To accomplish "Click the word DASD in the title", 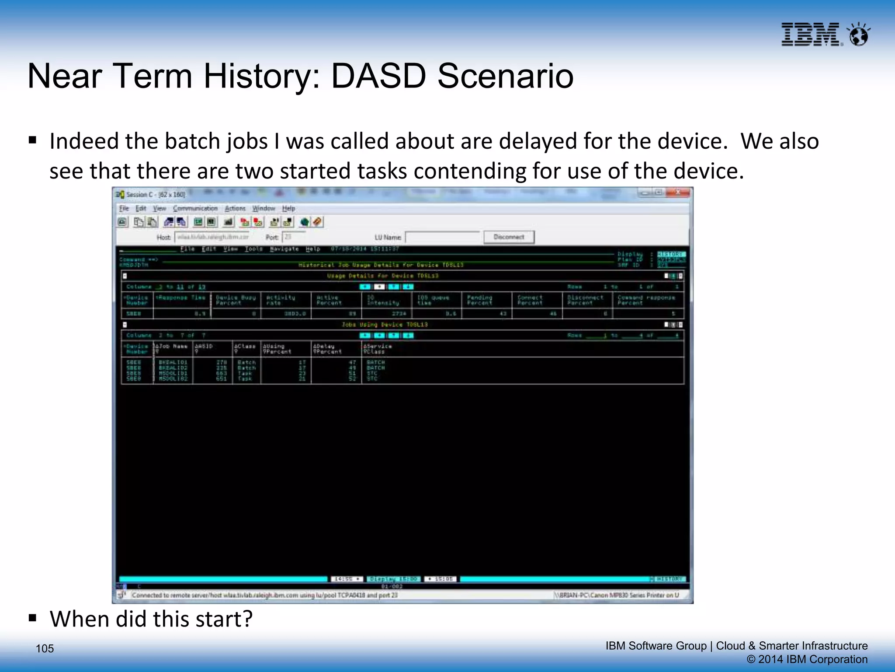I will point(378,76).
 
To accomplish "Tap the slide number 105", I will point(45,648).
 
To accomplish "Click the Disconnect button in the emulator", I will point(509,237).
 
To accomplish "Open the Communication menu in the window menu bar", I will point(195,209).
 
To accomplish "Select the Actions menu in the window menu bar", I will point(235,209).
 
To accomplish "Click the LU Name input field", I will point(442,237).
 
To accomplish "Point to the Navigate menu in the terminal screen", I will point(284,249).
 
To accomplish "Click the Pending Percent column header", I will point(479,300).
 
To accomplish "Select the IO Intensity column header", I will point(383,300).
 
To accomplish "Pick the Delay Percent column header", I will point(327,349).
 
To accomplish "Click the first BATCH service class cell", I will point(375,362).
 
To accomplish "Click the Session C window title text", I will point(156,194).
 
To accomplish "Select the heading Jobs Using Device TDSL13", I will point(385,325).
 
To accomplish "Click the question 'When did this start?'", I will point(151,619).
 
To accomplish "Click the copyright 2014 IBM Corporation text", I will point(807,659).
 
